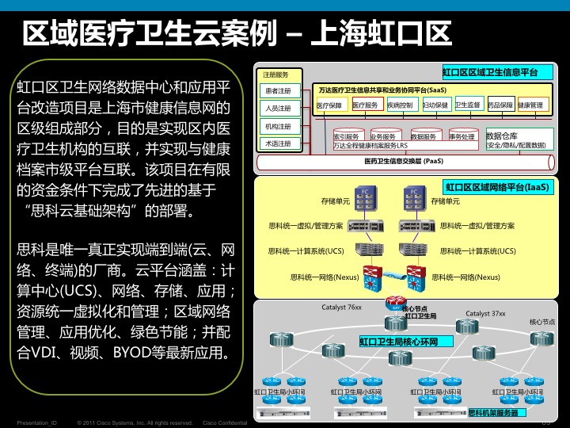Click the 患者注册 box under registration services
pyautogui.click(x=279, y=90)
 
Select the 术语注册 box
pyautogui.click(x=279, y=143)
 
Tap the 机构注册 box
pyautogui.click(x=279, y=126)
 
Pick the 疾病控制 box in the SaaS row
pyautogui.click(x=401, y=105)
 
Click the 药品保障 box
pyautogui.click(x=500, y=105)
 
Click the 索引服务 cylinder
pyautogui.click(x=347, y=136)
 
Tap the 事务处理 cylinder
pyautogui.click(x=462, y=136)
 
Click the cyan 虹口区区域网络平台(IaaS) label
pyautogui.click(x=496, y=188)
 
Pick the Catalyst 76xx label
pyautogui.click(x=341, y=307)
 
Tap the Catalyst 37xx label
pyautogui.click(x=485, y=314)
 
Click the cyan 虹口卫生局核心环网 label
pyautogui.click(x=405, y=342)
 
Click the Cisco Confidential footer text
pyautogui.click(x=226, y=422)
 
